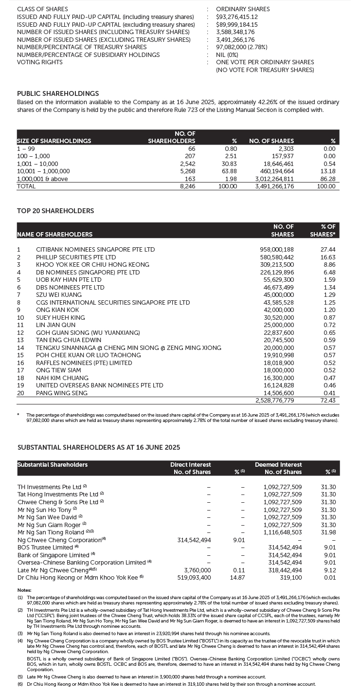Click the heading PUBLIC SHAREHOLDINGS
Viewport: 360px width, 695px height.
coord(58,93)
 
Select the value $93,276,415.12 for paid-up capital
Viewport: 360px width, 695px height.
coord(237,17)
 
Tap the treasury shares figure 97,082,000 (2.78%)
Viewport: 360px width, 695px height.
coord(242,47)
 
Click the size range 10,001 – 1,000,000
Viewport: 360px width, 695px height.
coord(43,171)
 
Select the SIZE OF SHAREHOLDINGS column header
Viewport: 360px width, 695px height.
coord(54,141)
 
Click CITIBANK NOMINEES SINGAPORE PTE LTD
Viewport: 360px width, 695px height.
coord(95,250)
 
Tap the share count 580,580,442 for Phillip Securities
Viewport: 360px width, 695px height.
coord(277,257)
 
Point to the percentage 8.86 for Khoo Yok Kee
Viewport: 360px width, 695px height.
coord(329,264)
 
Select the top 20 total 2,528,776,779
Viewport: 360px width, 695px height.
coord(275,401)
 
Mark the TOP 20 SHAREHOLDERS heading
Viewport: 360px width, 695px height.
coord(55,211)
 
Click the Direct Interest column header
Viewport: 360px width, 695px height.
coord(191,465)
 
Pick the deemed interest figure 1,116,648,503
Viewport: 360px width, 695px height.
coord(283,532)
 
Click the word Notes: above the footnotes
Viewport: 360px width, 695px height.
coord(24,590)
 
